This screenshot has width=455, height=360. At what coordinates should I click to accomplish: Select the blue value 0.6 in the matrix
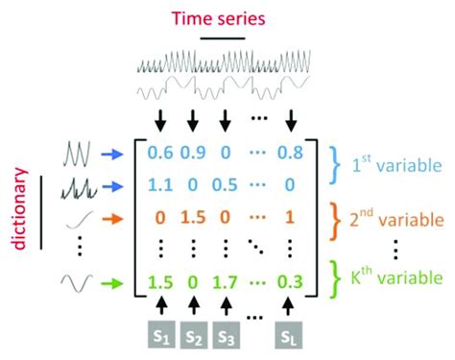[160, 149]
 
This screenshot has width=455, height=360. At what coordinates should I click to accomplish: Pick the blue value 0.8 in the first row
[290, 149]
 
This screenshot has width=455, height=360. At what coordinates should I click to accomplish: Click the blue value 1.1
[160, 179]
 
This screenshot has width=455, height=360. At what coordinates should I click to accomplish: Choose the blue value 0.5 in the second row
[225, 179]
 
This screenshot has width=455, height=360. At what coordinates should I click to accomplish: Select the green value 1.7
[225, 282]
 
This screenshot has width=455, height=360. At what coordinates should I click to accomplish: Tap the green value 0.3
[290, 282]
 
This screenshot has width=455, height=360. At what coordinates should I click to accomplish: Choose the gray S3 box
[225, 336]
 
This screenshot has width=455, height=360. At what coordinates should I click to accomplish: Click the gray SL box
[290, 336]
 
